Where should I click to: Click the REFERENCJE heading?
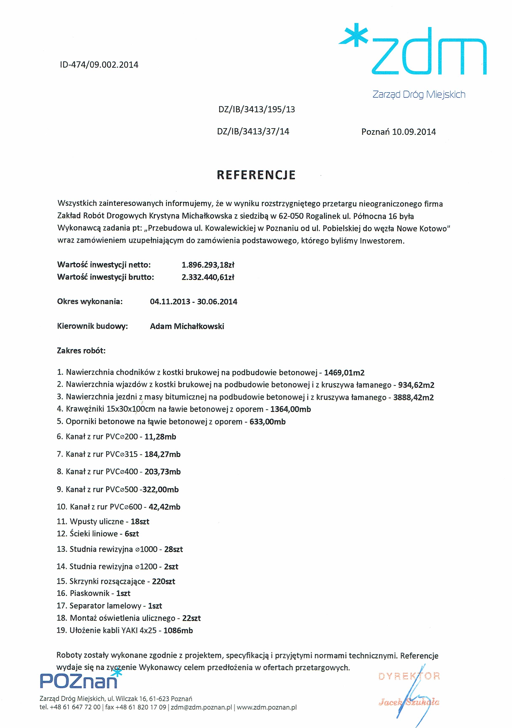256,175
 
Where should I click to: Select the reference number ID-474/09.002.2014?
99,65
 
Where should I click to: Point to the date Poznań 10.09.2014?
399,132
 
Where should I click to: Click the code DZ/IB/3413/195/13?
257,109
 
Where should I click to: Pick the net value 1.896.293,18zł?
208,265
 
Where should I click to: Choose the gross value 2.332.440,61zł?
208,277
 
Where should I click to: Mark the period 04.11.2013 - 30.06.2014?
193,302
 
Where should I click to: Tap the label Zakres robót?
81,351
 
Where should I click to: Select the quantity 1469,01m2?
344,373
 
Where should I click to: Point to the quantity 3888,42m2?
413,397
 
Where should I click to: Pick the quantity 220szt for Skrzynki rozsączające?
164,582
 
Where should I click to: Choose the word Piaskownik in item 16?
90,593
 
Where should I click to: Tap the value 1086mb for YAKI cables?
178,630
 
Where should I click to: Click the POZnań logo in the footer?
79,681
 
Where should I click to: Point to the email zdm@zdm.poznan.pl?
201,707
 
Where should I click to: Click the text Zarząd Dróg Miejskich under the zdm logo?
419,94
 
